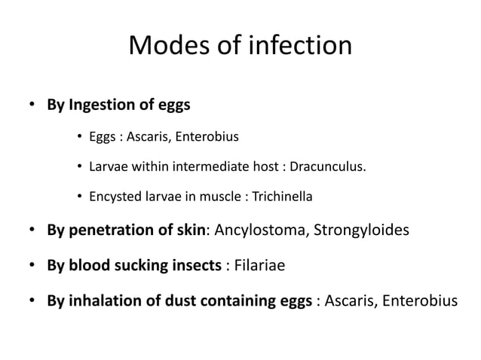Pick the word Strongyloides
tap(362, 228)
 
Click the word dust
tap(179, 302)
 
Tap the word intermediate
tap(207, 166)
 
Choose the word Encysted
tap(111, 197)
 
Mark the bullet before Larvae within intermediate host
tap(79, 166)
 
